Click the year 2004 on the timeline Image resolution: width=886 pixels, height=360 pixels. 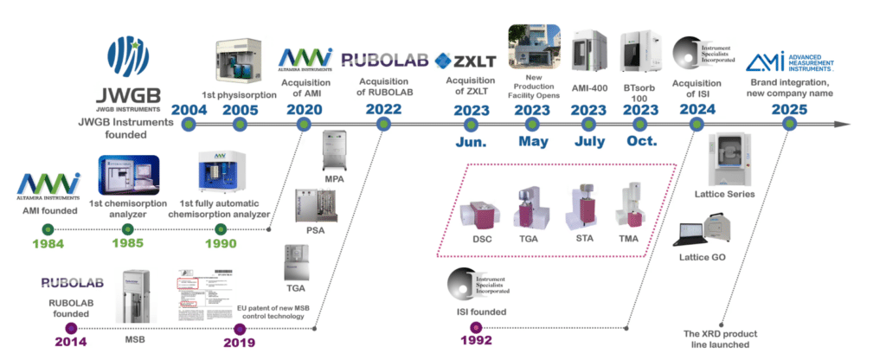pos(189,110)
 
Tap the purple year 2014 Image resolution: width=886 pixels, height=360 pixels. pos(71,341)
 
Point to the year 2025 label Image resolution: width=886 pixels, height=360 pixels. pos(789,110)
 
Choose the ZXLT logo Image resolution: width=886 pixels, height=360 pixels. pos(470,60)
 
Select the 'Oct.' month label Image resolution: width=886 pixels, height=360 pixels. pos(641,141)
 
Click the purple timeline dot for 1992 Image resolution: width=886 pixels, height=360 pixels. pos(475,327)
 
